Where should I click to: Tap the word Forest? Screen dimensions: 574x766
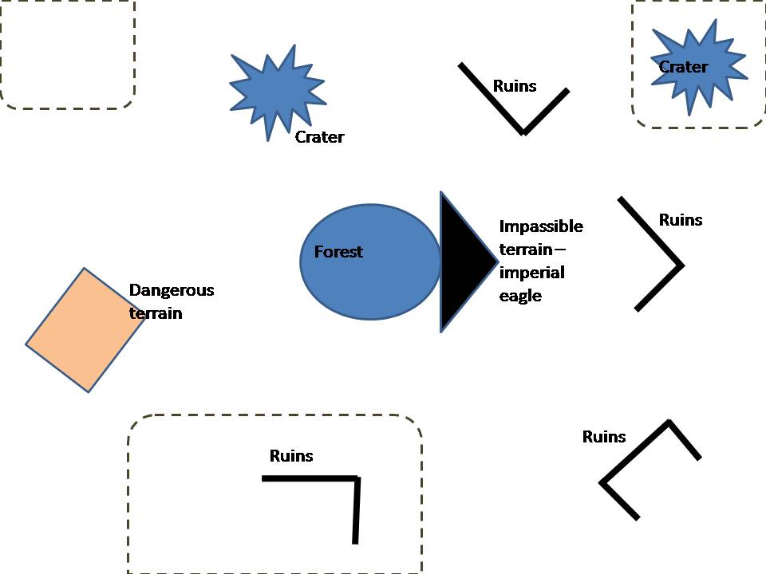338,252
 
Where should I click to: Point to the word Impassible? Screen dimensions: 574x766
541,226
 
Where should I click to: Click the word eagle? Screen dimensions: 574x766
520,296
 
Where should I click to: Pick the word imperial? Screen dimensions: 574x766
531,273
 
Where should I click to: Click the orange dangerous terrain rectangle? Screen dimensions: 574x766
83,330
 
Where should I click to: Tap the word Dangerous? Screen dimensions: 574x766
172,290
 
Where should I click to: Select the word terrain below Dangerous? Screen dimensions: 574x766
156,313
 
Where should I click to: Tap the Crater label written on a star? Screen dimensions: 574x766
683,67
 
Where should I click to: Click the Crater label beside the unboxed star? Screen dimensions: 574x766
319,137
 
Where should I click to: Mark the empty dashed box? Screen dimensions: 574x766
67,54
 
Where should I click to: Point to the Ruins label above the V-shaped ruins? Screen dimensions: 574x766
515,86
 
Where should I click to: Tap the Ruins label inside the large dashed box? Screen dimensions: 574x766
291,456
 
